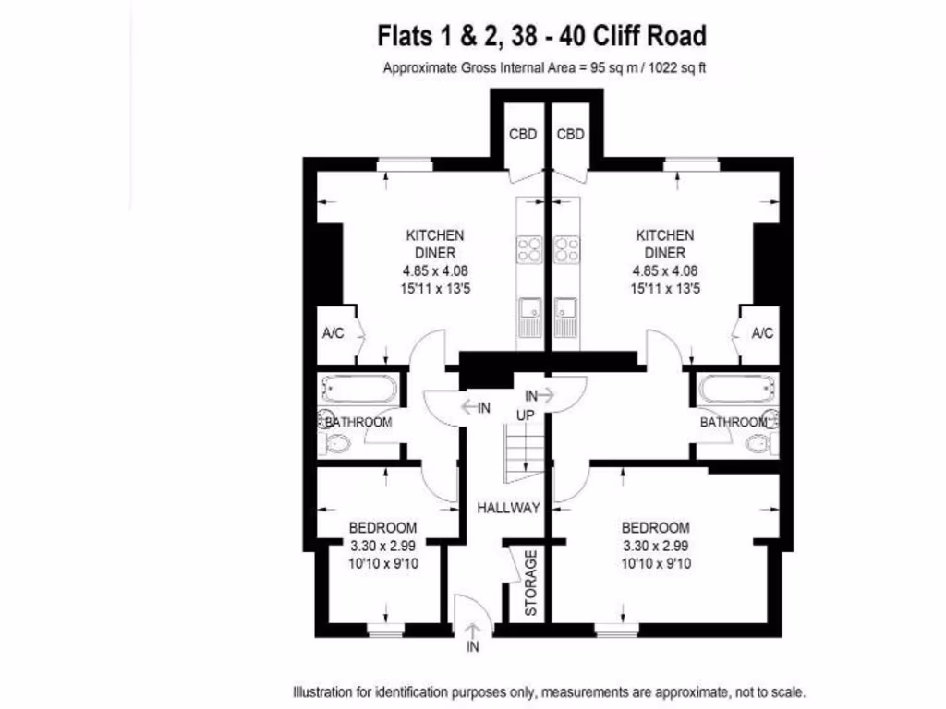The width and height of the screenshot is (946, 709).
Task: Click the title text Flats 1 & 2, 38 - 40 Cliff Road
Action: tap(542, 36)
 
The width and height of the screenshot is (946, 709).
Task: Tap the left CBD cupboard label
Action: tap(523, 134)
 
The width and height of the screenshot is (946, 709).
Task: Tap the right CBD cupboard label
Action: tap(571, 134)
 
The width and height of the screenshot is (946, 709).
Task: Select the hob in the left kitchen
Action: tap(529, 249)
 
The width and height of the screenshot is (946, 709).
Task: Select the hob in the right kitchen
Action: tap(566, 249)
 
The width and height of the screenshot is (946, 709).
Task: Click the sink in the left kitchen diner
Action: tap(529, 315)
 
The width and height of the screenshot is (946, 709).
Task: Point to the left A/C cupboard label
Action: tap(333, 333)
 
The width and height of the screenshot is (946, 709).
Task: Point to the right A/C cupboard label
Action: tap(762, 333)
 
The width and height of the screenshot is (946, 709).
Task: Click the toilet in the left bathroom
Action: tap(337, 446)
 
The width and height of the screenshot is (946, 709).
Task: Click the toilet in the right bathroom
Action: tap(759, 446)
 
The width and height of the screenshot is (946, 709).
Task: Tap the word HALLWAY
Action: tap(508, 507)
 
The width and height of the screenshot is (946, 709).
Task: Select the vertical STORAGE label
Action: tap(530, 583)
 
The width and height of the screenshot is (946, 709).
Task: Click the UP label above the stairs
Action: tap(526, 415)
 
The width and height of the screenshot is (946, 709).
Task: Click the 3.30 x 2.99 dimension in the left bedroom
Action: tap(382, 546)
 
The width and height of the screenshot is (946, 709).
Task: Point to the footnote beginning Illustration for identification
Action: tap(549, 691)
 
